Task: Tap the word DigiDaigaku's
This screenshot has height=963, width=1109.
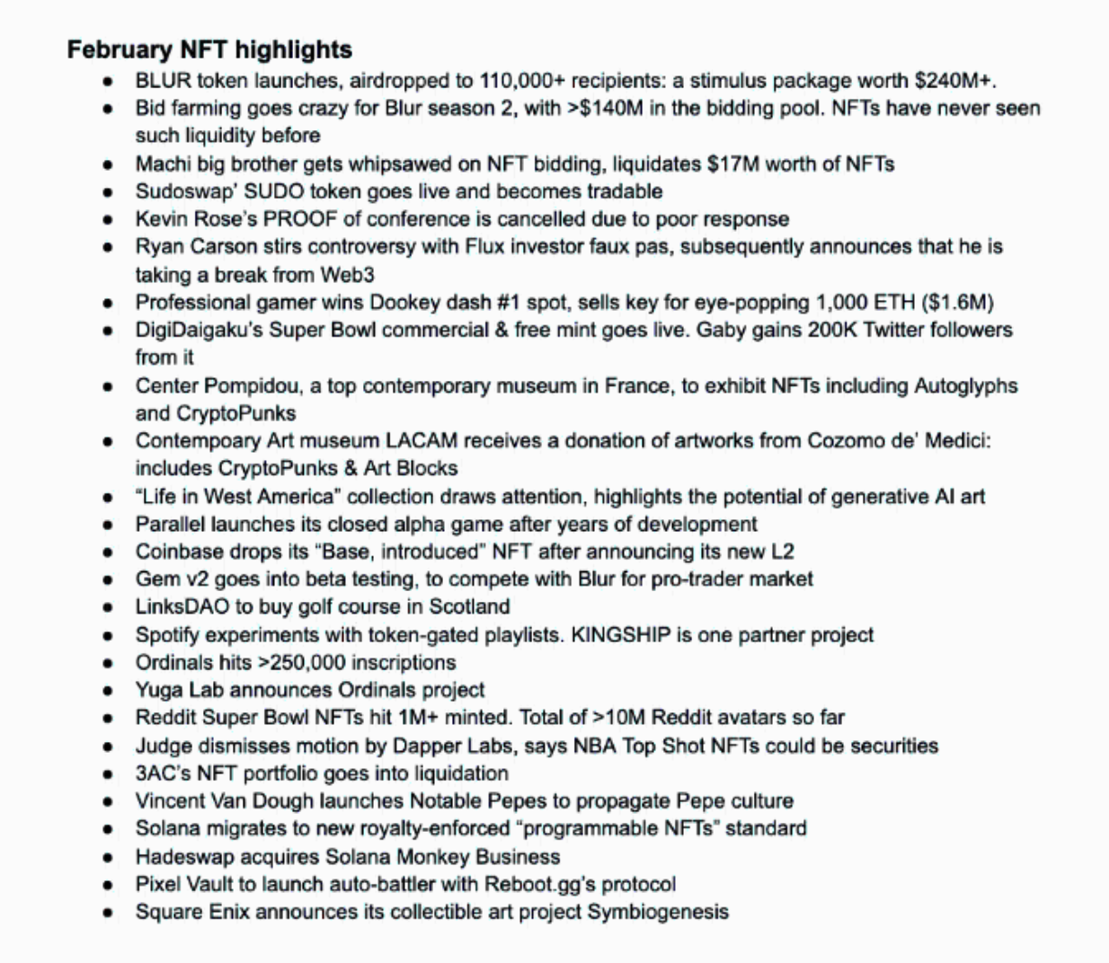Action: tap(199, 330)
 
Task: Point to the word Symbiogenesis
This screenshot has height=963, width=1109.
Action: tap(658, 912)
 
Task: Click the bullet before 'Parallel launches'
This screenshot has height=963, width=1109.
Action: tap(108, 525)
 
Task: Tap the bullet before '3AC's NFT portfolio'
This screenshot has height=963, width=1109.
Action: tap(108, 774)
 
